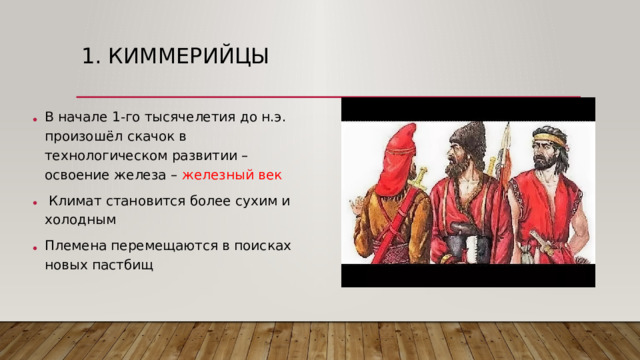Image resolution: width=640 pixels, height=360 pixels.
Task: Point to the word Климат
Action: point(76,201)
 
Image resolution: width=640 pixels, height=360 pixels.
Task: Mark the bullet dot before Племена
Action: point(34,249)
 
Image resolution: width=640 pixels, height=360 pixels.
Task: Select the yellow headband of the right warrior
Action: point(549,133)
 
